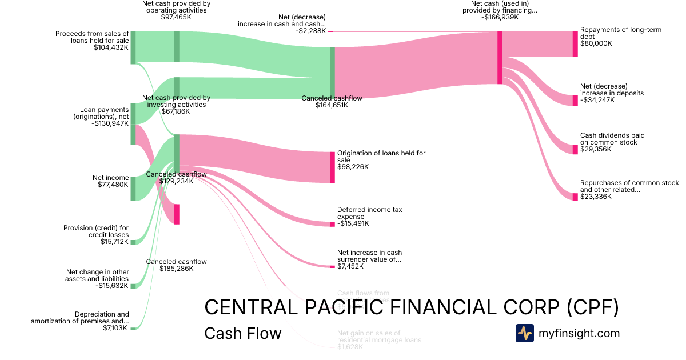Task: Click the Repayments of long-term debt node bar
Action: pyautogui.click(x=575, y=44)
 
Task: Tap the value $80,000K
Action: pyautogui.click(x=596, y=43)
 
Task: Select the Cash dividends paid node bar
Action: pyautogui.click(x=575, y=150)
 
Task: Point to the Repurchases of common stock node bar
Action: pyautogui.click(x=575, y=197)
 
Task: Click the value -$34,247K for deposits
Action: pyautogui.click(x=597, y=100)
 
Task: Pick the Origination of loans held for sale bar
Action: pyautogui.click(x=332, y=167)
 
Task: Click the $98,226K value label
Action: pyautogui.click(x=353, y=167)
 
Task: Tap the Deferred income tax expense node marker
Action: pyautogui.click(x=332, y=224)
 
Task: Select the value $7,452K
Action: pyautogui.click(x=350, y=266)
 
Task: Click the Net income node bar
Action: pyautogui.click(x=133, y=189)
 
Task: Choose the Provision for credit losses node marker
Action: pyautogui.click(x=133, y=242)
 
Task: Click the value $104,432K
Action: pyautogui.click(x=111, y=48)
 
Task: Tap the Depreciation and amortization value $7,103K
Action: pyautogui.click(x=115, y=328)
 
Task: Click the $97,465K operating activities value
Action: pyautogui.click(x=176, y=17)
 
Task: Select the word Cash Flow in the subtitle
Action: pyautogui.click(x=242, y=333)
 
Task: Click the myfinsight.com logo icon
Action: pyautogui.click(x=524, y=333)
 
